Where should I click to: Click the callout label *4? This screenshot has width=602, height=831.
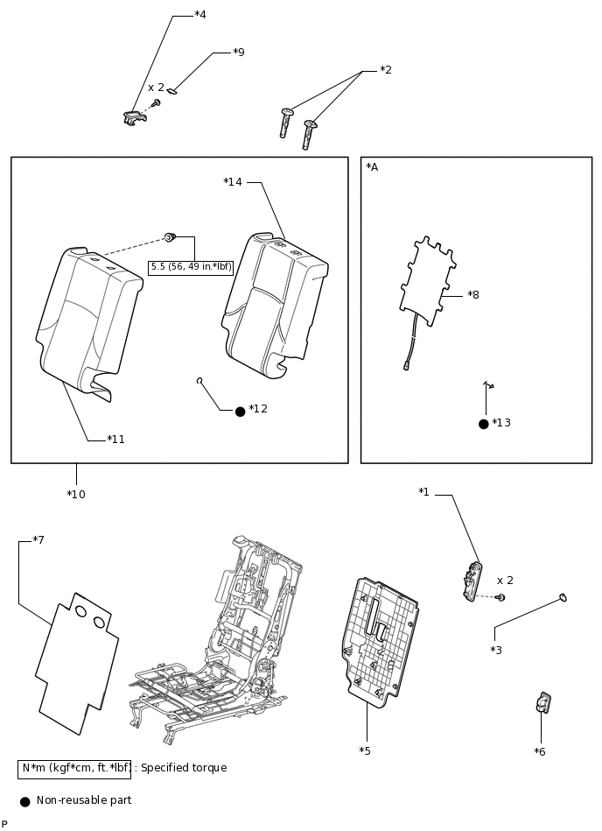coord(200,15)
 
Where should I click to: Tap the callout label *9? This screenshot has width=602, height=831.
coord(238,53)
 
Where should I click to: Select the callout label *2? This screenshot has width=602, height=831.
coord(386,70)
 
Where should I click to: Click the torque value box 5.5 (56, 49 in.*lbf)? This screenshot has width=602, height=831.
coord(191,267)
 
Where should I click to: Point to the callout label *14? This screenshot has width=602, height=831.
coord(233,182)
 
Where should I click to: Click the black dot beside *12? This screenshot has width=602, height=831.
coord(241,411)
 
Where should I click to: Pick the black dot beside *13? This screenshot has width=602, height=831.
coord(484,424)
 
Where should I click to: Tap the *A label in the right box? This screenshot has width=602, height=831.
coord(372,167)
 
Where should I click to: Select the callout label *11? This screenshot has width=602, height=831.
coord(115,440)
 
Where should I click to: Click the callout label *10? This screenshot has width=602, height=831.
coord(76,495)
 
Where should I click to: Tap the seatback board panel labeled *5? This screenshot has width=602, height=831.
coord(379,639)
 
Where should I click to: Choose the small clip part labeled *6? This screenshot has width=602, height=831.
coord(542,702)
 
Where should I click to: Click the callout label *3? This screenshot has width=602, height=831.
coord(496,651)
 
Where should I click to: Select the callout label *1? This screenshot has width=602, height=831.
coord(423,492)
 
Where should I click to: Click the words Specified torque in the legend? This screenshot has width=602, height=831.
coord(183,768)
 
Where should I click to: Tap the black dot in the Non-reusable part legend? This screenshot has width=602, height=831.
coord(24,800)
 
